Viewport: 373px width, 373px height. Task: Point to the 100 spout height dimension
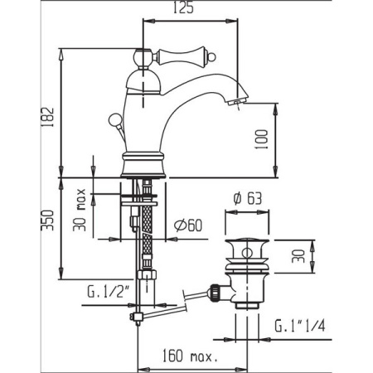point(263,139)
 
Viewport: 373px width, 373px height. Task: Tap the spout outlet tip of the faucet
point(236,103)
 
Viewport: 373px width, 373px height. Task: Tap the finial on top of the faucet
point(146,57)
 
